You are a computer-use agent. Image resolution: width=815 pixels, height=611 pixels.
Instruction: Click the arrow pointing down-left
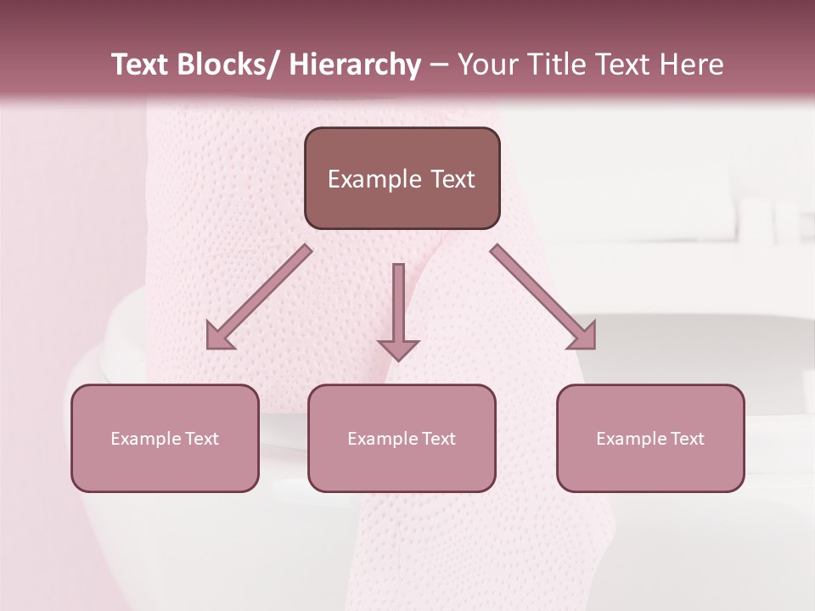[259, 298]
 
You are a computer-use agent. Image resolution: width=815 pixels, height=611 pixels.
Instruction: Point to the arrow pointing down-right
[543, 298]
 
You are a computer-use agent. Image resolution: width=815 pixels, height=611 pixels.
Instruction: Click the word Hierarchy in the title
[355, 65]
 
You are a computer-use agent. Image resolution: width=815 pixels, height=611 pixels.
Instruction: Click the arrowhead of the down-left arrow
[219, 337]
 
